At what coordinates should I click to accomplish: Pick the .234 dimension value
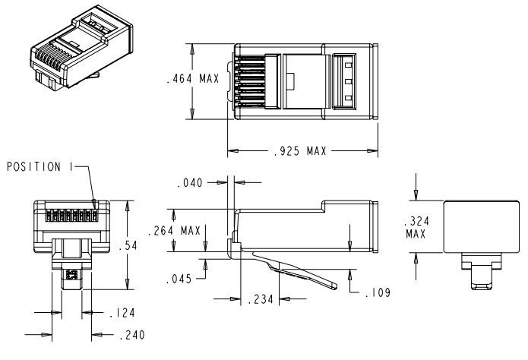pyautogui.click(x=260, y=300)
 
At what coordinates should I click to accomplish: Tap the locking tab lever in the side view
pyautogui.click(x=292, y=267)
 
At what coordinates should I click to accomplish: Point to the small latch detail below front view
pyautogui.click(x=71, y=274)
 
